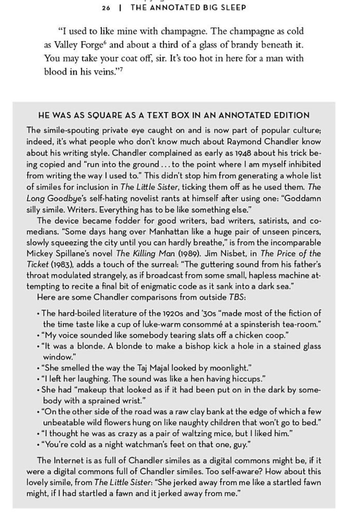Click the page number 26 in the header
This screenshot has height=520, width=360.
[x=107, y=8]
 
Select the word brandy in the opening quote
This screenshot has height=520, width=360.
[x=244, y=44]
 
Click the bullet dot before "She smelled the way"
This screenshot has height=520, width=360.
[x=38, y=368]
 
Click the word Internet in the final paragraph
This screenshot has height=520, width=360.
[x=68, y=461]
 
